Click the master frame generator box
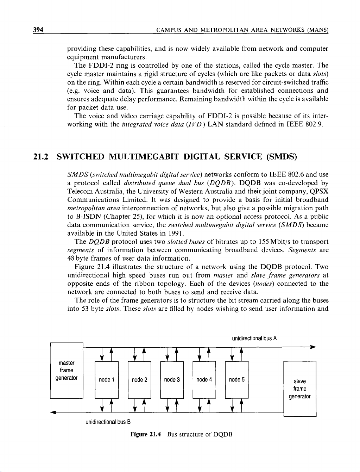click(x=67, y=370)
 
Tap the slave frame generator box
click(x=300, y=389)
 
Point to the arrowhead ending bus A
click(x=311, y=347)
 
